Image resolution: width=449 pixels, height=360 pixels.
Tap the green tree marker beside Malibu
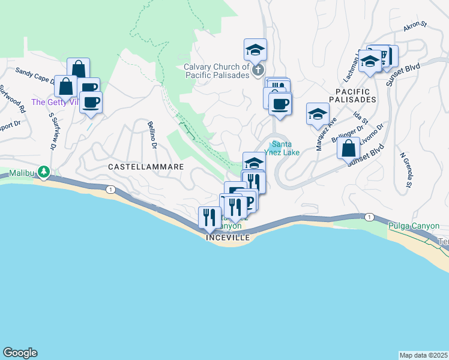pos(44,173)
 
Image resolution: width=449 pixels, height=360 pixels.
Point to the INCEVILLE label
pos(228,238)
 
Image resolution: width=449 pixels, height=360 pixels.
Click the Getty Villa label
pos(54,102)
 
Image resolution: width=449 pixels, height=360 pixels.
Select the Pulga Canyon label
pos(414,226)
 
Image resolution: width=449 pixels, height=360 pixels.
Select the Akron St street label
pos(414,26)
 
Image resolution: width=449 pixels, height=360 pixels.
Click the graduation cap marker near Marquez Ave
pos(318,113)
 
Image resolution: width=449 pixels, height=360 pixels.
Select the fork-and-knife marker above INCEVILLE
pos(209,217)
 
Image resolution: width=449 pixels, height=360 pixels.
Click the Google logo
pos(20,353)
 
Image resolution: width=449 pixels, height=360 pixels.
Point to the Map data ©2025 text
pos(423,355)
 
